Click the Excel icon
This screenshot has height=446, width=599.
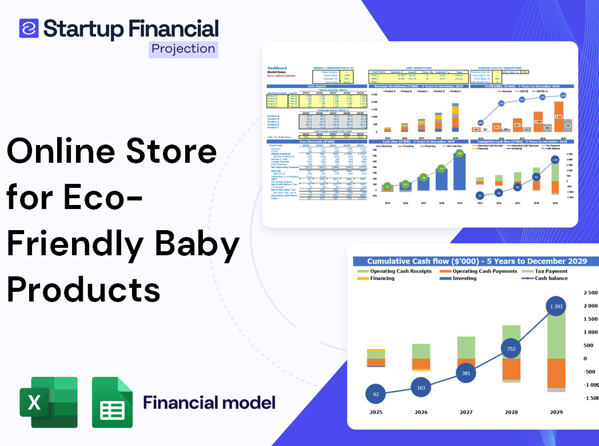(49, 402)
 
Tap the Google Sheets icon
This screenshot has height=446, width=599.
(112, 403)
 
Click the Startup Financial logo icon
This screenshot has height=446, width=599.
(29, 28)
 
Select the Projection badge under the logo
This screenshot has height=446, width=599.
(183, 49)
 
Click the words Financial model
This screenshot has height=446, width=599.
(209, 403)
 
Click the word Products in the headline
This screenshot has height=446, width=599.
(83, 288)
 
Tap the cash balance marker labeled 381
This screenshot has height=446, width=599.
(465, 373)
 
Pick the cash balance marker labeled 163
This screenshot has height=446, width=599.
(421, 388)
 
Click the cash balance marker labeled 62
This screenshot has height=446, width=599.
(376, 394)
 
